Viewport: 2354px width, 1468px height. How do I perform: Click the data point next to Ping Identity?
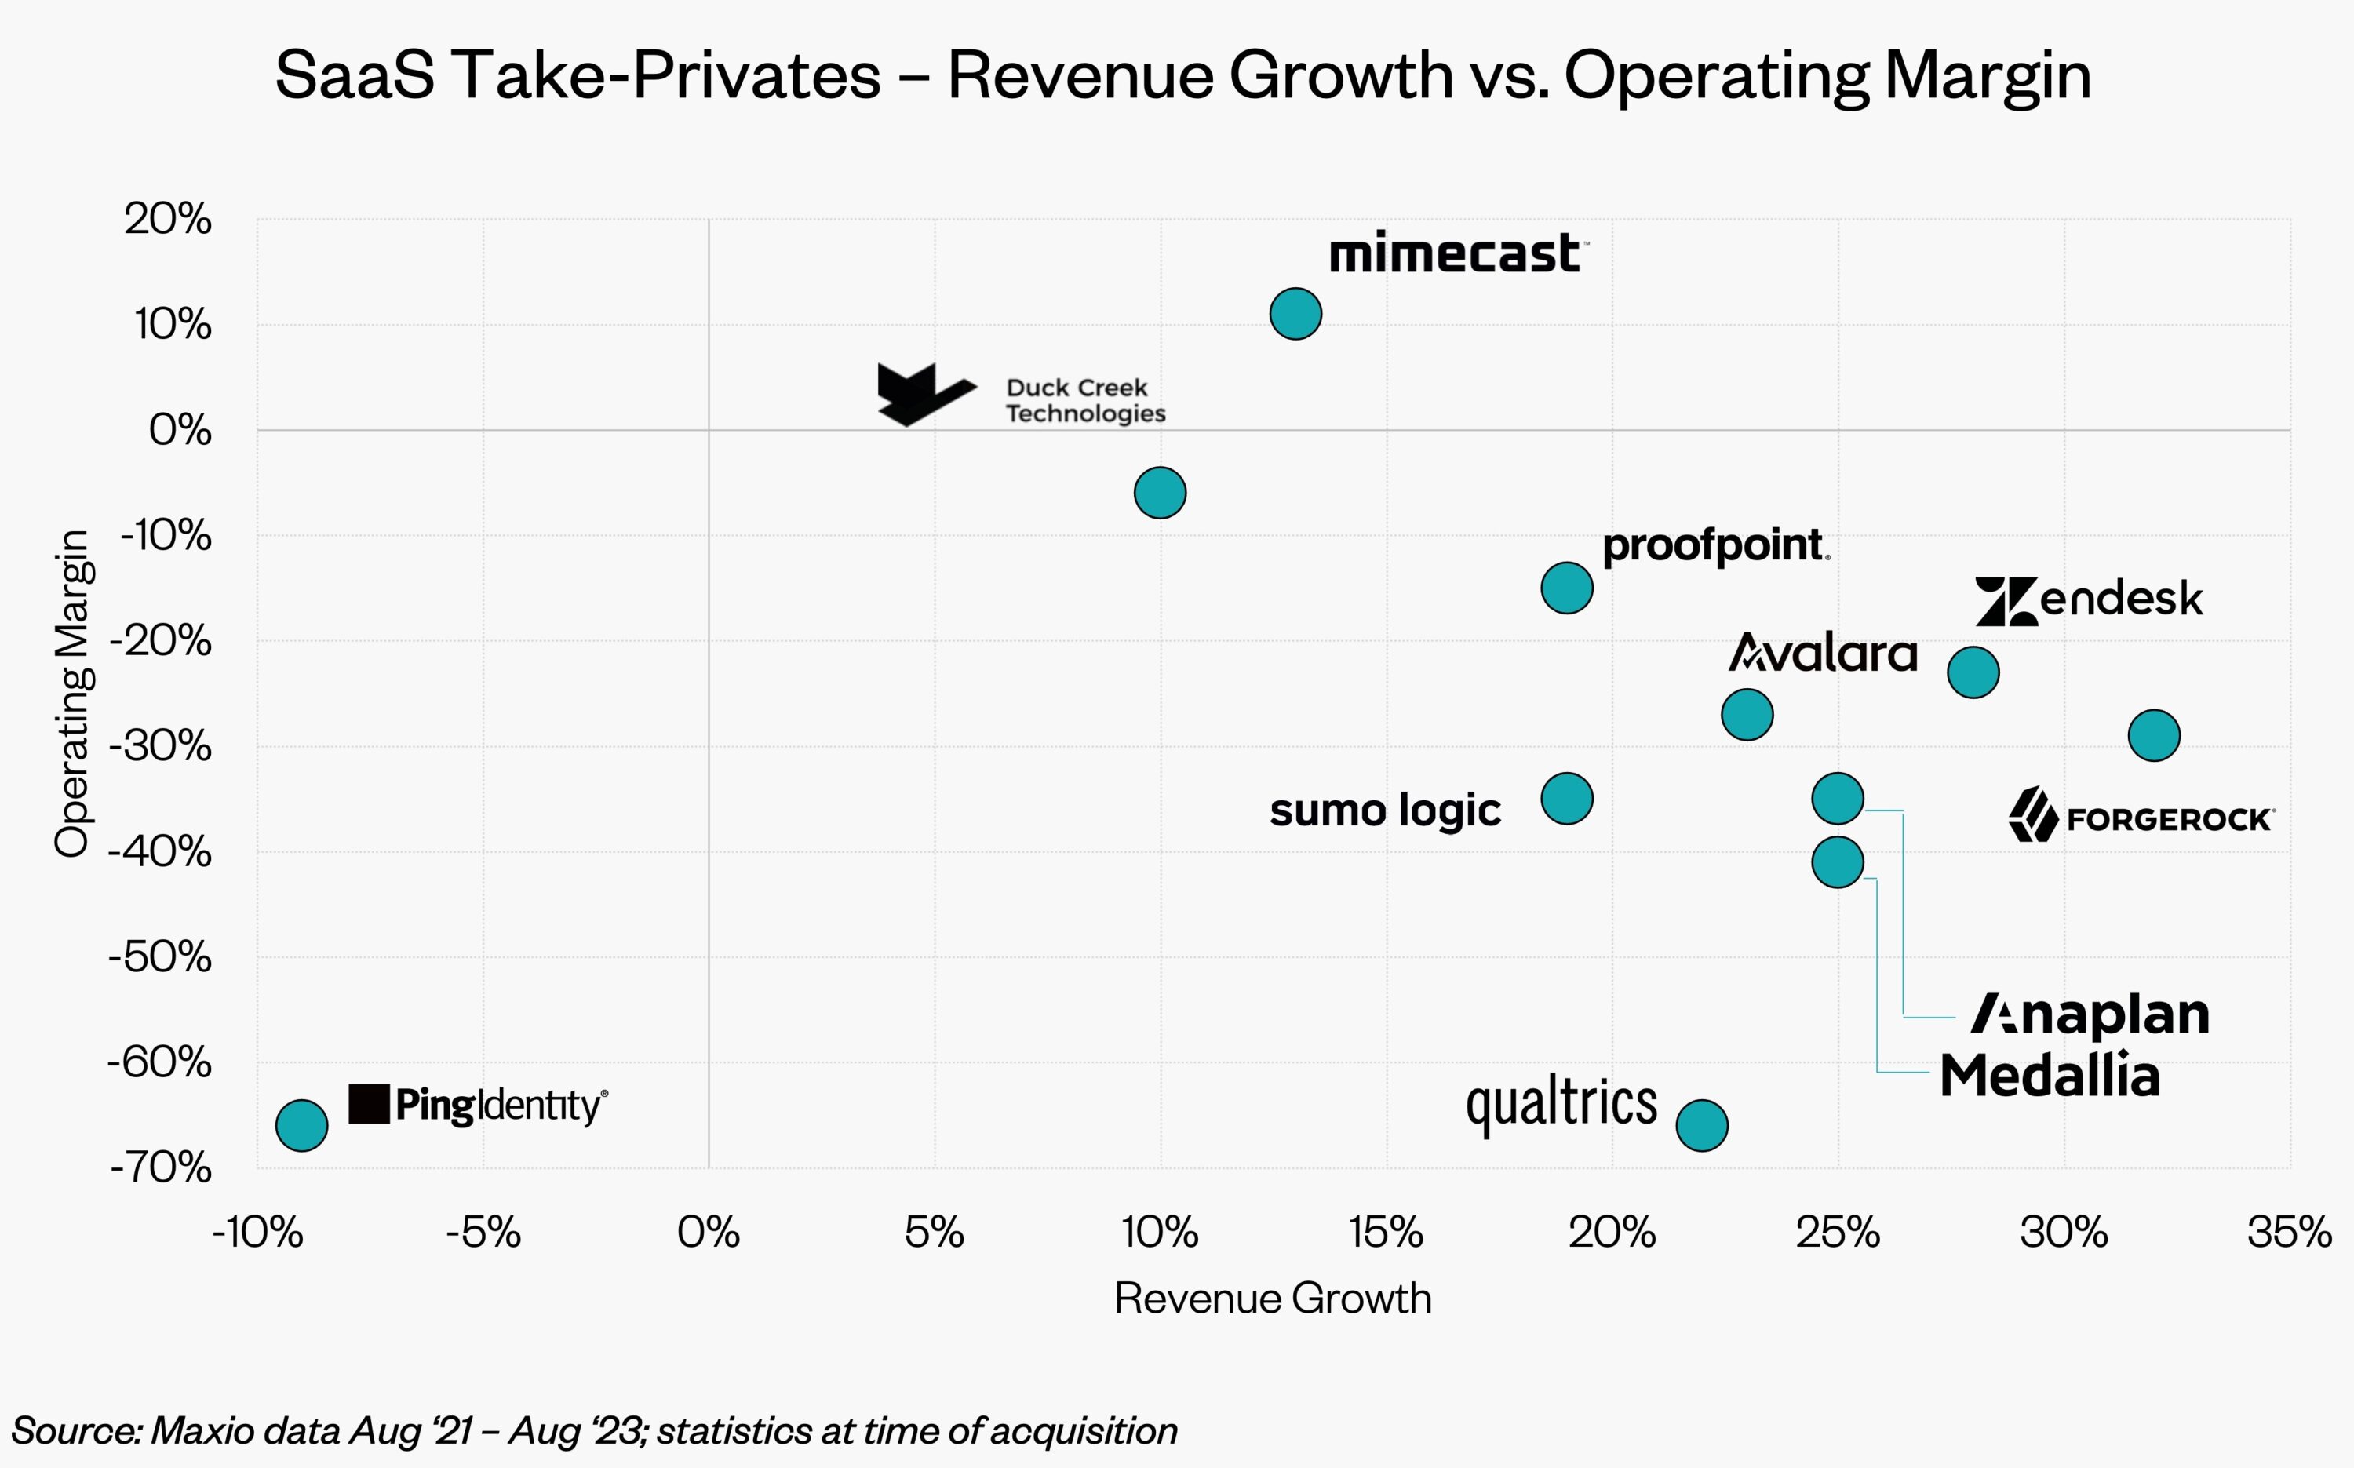coord(302,1125)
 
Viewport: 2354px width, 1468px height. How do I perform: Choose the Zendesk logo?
coord(2089,600)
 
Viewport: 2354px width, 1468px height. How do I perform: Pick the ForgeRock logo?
coord(2141,817)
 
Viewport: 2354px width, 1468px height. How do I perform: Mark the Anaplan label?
coord(2090,1014)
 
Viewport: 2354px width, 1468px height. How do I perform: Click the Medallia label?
coord(2050,1076)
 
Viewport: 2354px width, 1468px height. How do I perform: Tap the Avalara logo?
coord(1822,653)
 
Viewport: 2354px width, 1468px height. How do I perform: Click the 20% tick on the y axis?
coord(168,220)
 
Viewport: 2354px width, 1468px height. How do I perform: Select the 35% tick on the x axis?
coord(2289,1233)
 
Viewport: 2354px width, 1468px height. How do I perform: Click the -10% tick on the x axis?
coord(257,1233)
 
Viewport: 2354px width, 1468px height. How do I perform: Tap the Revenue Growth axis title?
coord(1273,1298)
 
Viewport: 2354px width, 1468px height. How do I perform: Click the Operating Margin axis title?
coord(72,694)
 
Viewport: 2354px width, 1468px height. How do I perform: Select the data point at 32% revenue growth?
coord(2154,735)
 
